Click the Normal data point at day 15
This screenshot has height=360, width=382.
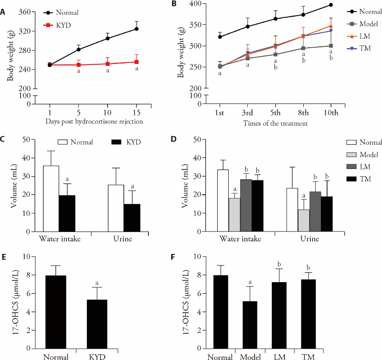tap(137, 29)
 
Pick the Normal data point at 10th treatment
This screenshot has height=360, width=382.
tap(331, 5)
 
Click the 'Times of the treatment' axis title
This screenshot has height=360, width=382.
tap(276, 123)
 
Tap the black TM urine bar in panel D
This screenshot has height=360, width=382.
tap(327, 213)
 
